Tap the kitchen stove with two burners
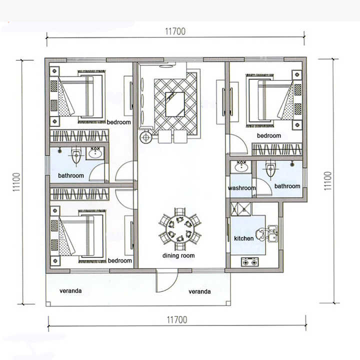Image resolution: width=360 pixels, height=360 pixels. pos(249,261)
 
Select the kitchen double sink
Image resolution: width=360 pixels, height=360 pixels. pos(272,233)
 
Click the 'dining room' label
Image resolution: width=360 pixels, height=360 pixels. pos(178,255)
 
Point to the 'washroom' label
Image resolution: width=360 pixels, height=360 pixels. pos(242,188)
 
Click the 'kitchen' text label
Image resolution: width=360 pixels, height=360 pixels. pos(244,238)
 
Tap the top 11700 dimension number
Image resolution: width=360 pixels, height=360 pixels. pos(175,31)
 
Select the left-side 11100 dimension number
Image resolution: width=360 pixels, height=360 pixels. pos(16,182)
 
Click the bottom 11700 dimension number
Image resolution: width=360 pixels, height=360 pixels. pos(177,319)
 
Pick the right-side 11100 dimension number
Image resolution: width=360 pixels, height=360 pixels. pos(328,180)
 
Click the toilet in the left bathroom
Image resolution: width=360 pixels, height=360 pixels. pos(76,156)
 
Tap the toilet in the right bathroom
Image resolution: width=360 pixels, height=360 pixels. pos(270,169)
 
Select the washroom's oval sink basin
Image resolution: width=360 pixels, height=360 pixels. pos(241,167)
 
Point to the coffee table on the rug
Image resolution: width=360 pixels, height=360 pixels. pos(175,104)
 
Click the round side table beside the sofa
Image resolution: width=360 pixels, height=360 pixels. pos(146,137)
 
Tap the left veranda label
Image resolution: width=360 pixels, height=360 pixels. pos(70,291)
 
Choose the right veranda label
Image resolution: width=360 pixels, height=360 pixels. pos(199,291)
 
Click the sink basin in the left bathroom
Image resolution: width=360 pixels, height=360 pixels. pos(95,153)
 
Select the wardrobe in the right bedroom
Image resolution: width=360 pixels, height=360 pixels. pos(277,149)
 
